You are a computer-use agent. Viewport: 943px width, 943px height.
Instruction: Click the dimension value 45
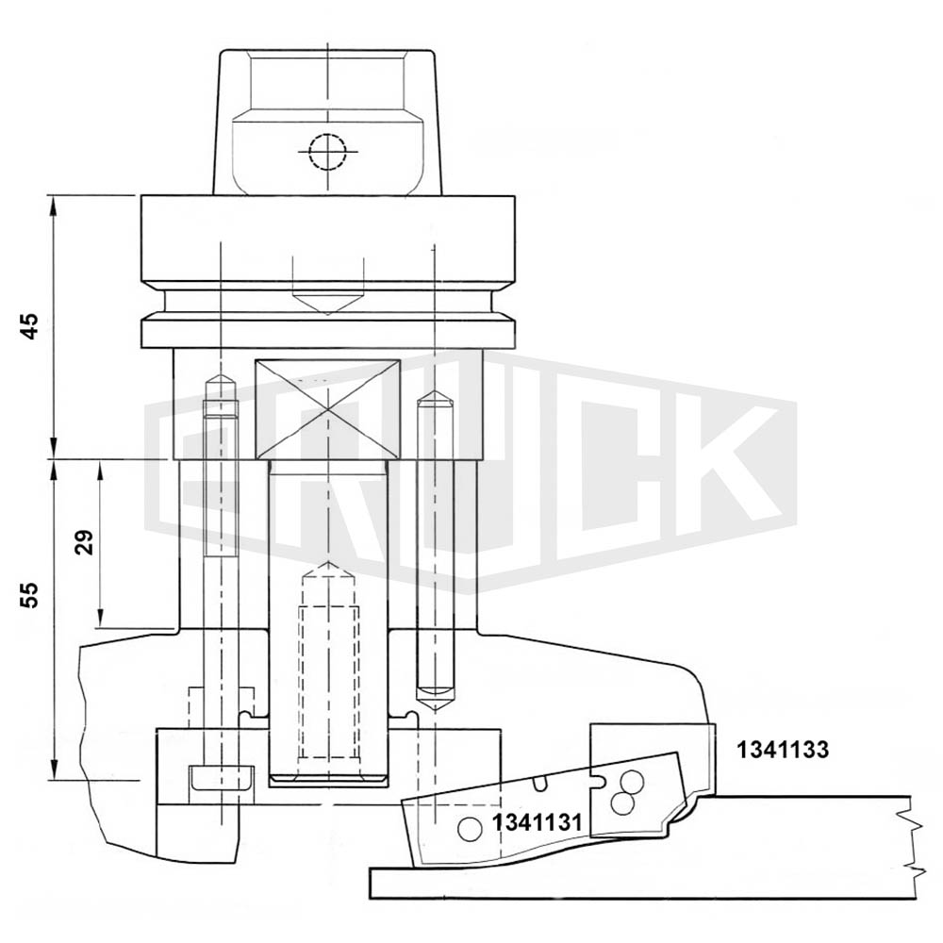tap(29, 326)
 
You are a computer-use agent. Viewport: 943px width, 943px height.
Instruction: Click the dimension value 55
tap(29, 595)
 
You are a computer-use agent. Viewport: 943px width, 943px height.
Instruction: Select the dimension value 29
tap(85, 542)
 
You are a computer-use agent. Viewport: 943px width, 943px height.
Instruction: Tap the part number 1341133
tap(783, 750)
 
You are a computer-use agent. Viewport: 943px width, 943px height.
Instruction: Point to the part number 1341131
tap(538, 821)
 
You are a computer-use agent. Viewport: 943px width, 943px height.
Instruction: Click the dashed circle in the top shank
tap(328, 152)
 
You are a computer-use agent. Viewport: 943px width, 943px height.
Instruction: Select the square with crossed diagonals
tap(328, 410)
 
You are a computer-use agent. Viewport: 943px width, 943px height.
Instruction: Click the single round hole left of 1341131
tap(469, 830)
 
